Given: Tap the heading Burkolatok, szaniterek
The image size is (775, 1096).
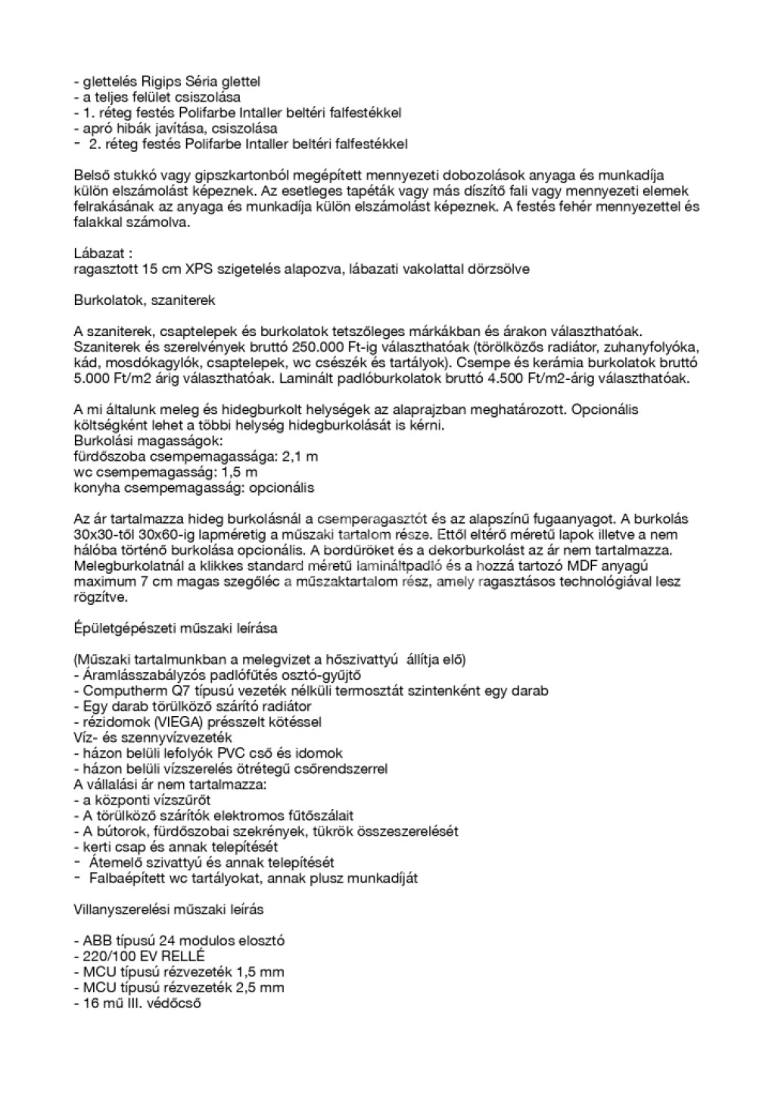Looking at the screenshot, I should coord(144,300).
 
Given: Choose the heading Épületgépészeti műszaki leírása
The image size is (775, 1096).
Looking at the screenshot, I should coord(176,628).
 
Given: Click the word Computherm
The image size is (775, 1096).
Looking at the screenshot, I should coord(122,691).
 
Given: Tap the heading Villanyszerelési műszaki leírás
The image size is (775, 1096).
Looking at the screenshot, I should coord(169,909).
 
